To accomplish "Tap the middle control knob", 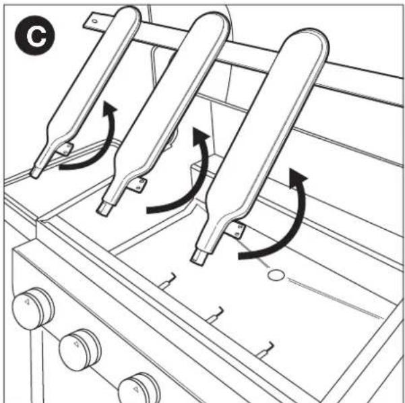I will (x=80, y=348).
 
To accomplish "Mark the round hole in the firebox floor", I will (x=274, y=276).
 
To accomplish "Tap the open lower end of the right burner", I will (x=199, y=257).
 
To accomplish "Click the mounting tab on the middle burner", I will (x=139, y=183).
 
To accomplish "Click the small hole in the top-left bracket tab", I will (x=94, y=21).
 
